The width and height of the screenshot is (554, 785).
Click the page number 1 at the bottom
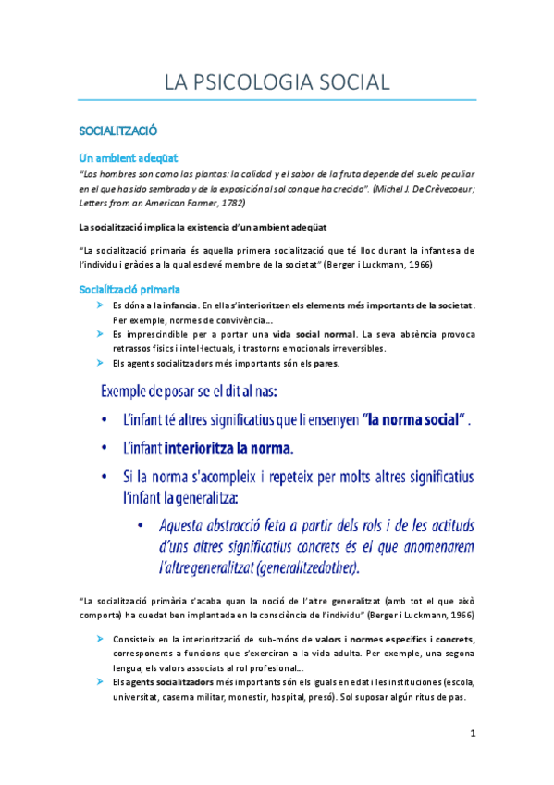click(472, 734)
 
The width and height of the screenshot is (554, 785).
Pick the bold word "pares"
click(326, 363)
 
